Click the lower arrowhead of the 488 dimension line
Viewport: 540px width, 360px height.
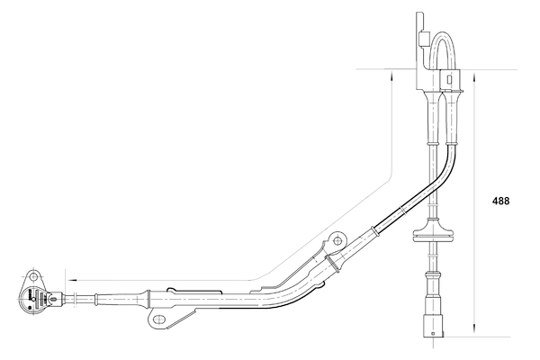click(x=475, y=331)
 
